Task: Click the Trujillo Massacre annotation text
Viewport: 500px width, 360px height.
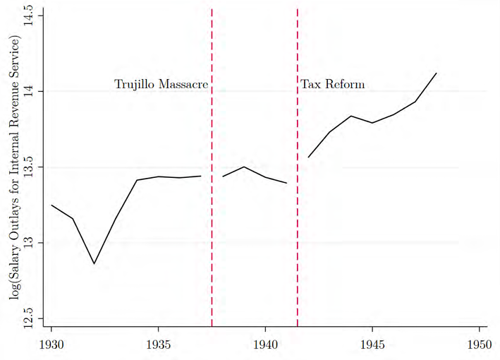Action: click(x=161, y=85)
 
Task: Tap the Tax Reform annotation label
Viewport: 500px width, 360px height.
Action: click(x=333, y=85)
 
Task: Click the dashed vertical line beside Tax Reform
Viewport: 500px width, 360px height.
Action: click(x=297, y=212)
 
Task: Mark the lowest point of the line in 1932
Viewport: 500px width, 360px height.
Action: click(x=94, y=263)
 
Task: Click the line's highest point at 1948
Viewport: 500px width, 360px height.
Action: click(x=437, y=73)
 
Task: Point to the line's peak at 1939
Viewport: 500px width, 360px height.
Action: click(x=244, y=167)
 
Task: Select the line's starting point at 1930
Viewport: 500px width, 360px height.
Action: click(x=51, y=205)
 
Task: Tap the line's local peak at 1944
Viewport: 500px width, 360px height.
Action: click(x=351, y=116)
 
